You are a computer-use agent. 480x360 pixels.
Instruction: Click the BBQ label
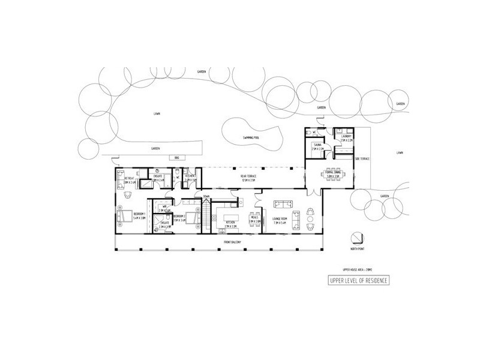click(x=176, y=158)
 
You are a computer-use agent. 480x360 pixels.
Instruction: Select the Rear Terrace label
click(x=248, y=179)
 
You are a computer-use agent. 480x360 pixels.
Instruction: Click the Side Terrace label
click(x=362, y=158)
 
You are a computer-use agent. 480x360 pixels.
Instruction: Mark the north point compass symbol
click(x=358, y=238)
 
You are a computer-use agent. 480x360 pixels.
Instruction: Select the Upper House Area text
click(x=356, y=270)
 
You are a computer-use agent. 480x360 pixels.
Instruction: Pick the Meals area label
click(x=254, y=221)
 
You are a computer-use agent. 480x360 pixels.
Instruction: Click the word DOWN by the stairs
click(x=206, y=196)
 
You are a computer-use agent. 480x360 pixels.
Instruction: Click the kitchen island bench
click(x=230, y=215)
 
